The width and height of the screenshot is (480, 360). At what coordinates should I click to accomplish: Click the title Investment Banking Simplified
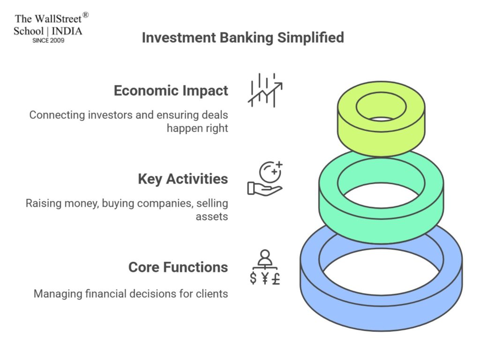[242, 37]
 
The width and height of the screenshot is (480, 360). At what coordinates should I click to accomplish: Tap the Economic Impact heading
[171, 90]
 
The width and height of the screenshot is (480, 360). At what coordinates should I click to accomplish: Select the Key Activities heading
[183, 179]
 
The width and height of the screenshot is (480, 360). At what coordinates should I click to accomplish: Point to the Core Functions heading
[178, 267]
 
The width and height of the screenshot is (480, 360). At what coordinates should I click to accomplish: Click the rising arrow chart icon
[265, 90]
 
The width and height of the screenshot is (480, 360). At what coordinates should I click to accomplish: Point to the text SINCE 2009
[48, 41]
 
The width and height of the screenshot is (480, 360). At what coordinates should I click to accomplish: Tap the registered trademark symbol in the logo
[85, 15]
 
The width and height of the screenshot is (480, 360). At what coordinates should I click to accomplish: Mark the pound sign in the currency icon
[276, 279]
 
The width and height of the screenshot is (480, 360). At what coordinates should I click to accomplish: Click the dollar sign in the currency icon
[254, 279]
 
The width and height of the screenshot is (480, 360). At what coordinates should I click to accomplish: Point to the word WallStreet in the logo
[57, 19]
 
